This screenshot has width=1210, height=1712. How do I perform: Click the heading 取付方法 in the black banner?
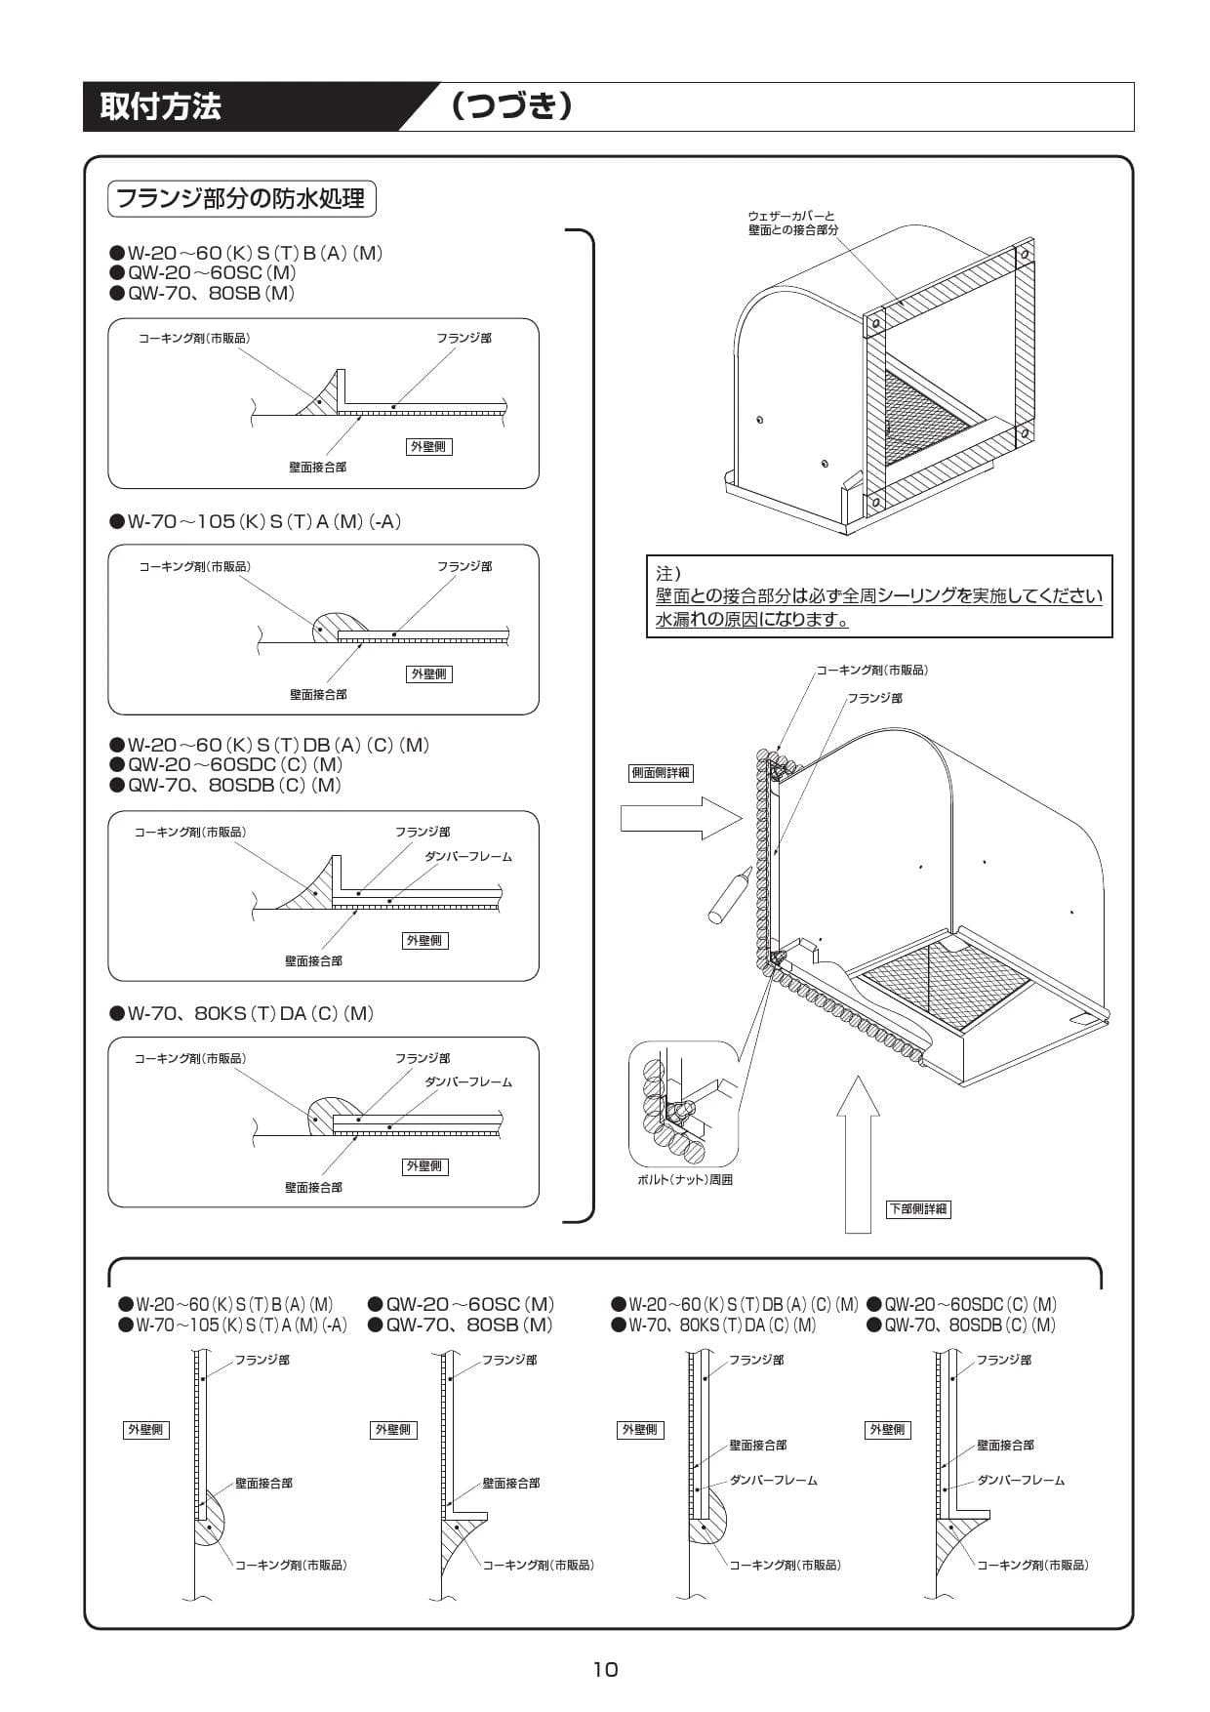tap(161, 106)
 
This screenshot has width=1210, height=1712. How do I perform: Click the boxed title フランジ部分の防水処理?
tap(241, 199)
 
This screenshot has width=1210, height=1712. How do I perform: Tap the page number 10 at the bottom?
tap(605, 1669)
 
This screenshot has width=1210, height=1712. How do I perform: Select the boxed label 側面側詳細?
tap(661, 773)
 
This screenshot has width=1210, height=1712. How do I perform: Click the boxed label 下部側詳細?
tap(917, 1208)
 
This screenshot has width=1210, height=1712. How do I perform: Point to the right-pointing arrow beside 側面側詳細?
tap(680, 818)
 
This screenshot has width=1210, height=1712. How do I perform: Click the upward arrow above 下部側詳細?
tap(858, 1152)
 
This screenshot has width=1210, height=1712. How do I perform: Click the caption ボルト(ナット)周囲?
tap(684, 1180)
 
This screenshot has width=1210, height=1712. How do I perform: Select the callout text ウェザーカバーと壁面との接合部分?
tap(791, 223)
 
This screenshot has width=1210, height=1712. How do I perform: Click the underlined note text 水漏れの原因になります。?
tap(751, 620)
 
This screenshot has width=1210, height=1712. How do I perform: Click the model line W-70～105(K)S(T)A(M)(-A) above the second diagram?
tap(264, 521)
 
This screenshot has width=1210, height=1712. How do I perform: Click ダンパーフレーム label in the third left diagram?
tap(467, 857)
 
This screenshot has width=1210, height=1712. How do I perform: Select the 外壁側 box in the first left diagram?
tap(428, 446)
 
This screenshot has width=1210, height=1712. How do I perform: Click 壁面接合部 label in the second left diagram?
tap(318, 695)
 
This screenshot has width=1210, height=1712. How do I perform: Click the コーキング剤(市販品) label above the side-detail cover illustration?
tap(871, 671)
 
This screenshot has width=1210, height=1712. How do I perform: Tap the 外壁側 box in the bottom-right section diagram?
tap(887, 1430)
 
